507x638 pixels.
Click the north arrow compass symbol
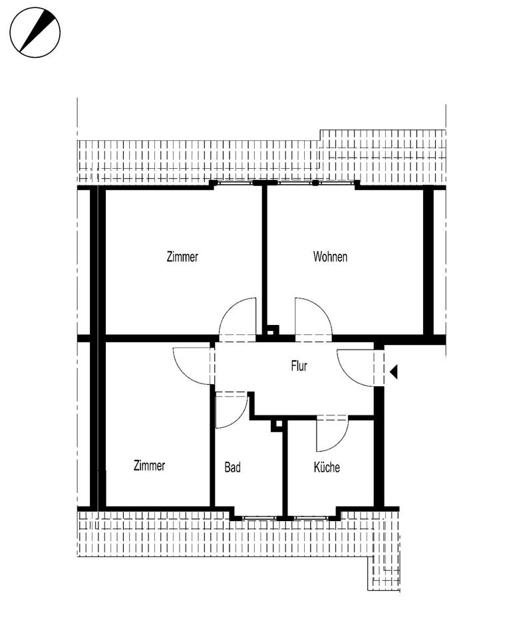coord(35,32)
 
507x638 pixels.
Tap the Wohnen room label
coord(330,257)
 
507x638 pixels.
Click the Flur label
coord(299,366)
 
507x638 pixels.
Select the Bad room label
coord(232,468)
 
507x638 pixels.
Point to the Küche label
coord(327,468)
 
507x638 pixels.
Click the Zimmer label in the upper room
coord(182,257)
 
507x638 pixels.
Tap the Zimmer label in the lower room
coord(149,466)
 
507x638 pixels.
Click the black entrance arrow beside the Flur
coord(393,372)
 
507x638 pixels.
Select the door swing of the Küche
coord(331,434)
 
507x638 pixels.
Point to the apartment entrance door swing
coord(356,368)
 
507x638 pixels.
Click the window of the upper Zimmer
coord(233,182)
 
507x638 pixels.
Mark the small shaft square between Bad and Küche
coord(278,426)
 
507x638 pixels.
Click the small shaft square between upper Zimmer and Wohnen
coord(271,330)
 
